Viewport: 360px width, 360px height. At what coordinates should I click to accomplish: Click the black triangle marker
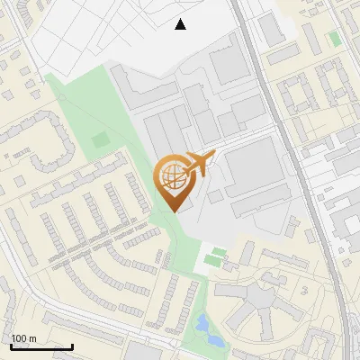pos(181,24)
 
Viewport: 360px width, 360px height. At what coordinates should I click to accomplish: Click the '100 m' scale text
pos(24,337)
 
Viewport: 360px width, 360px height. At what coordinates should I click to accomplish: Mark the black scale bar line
pos(41,346)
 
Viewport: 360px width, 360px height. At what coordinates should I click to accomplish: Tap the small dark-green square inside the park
pos(99,139)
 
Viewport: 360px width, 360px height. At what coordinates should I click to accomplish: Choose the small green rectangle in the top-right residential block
pos(335,39)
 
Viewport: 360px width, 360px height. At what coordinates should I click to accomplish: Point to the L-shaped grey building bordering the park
pos(135,85)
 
